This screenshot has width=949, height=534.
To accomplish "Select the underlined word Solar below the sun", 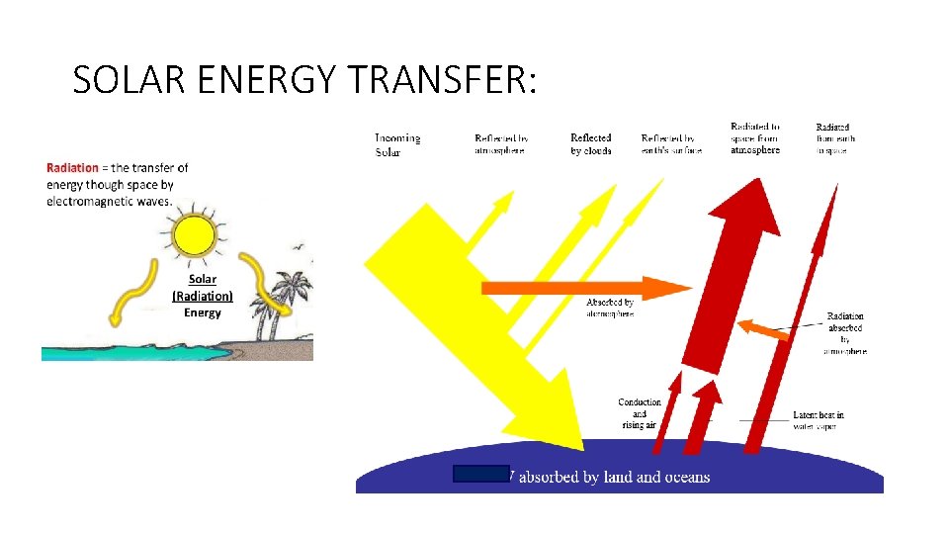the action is (203, 280).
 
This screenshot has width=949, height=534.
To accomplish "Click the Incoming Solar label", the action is (397, 144).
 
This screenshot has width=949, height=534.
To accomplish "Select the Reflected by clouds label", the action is (591, 144).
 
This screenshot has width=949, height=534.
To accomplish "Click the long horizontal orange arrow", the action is (583, 288).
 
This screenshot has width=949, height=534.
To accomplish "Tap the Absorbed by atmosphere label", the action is (610, 307).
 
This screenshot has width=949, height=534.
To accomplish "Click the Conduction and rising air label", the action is (639, 413).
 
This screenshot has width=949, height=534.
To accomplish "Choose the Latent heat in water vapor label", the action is (818, 420).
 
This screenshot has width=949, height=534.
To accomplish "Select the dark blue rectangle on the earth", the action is (481, 474).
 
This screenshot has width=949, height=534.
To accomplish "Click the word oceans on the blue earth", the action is (685, 478).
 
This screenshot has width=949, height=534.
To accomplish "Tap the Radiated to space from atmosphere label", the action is (755, 138).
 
